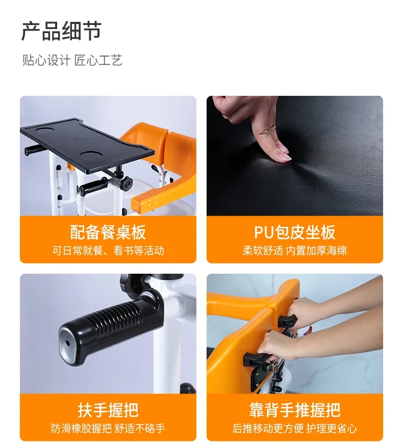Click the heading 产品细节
(61, 32)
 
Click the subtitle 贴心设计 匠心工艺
(72, 61)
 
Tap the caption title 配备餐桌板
(108, 232)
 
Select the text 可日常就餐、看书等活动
(108, 250)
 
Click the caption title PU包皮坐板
(294, 232)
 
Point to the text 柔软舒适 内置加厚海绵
(294, 250)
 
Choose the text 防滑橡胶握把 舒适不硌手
(108, 429)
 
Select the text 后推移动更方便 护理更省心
(294, 429)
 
